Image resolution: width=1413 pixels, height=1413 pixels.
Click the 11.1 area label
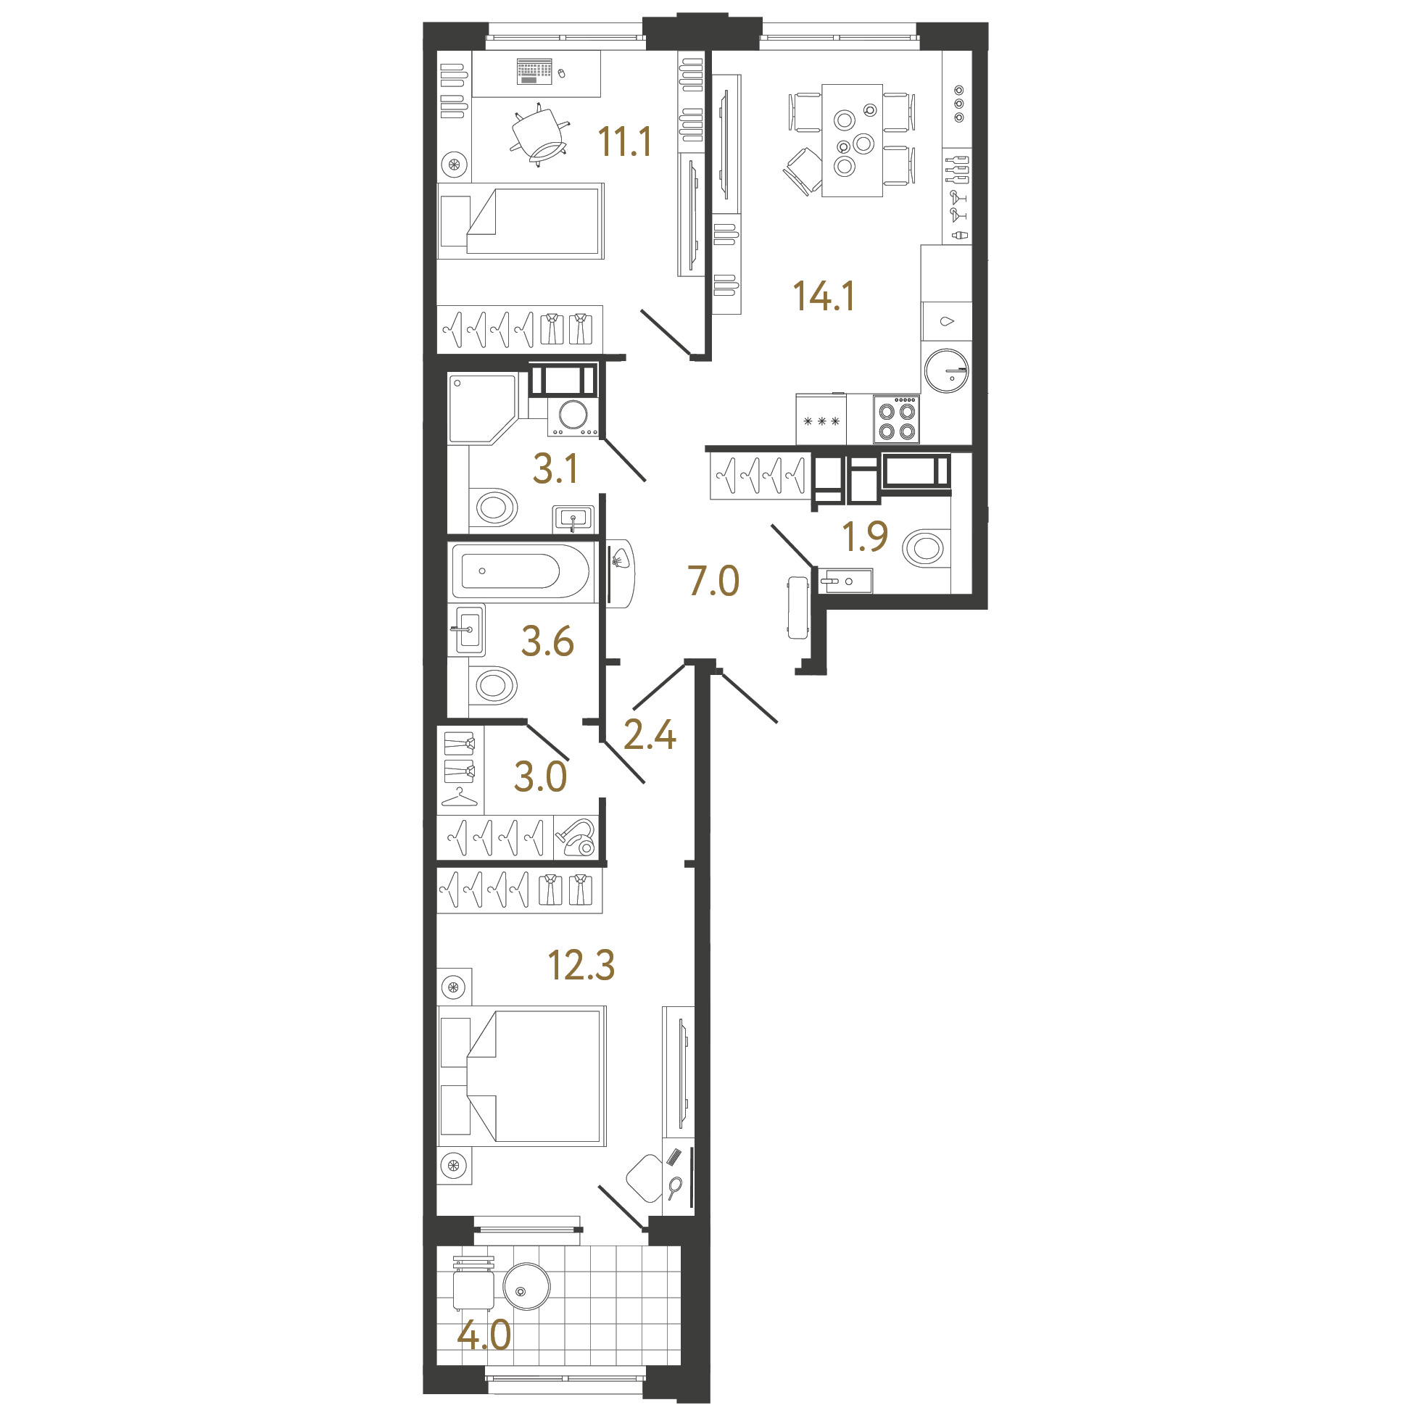coord(625,142)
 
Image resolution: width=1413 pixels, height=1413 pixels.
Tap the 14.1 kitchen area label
coord(824,297)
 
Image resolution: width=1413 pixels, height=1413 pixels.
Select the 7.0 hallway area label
coord(714,581)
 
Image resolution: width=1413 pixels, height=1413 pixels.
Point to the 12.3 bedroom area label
coord(581,965)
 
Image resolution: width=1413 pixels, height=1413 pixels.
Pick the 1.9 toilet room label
coord(865,536)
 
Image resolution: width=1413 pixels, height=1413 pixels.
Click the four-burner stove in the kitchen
coord(897,420)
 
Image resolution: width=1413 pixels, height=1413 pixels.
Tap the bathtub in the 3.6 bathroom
coord(520,571)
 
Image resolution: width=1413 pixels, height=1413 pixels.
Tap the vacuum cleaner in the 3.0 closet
coord(579,837)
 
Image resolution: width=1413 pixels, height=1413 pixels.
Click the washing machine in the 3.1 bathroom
coord(573,416)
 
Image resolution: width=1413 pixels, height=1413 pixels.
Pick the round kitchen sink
coord(946,370)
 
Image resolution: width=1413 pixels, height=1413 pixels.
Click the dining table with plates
coord(852,141)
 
